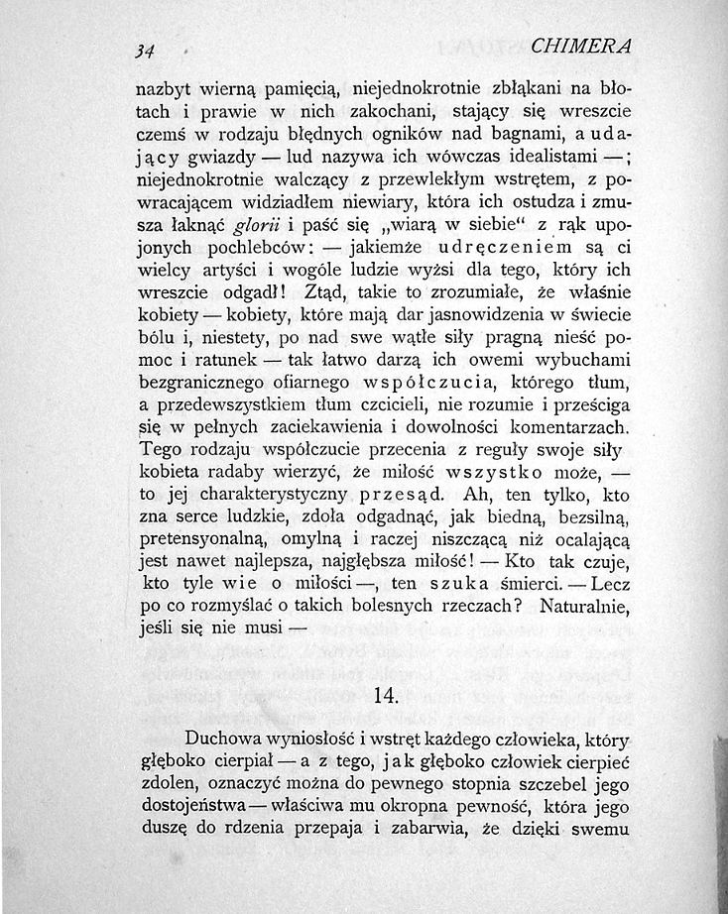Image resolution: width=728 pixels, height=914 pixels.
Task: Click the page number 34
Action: click(153, 50)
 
